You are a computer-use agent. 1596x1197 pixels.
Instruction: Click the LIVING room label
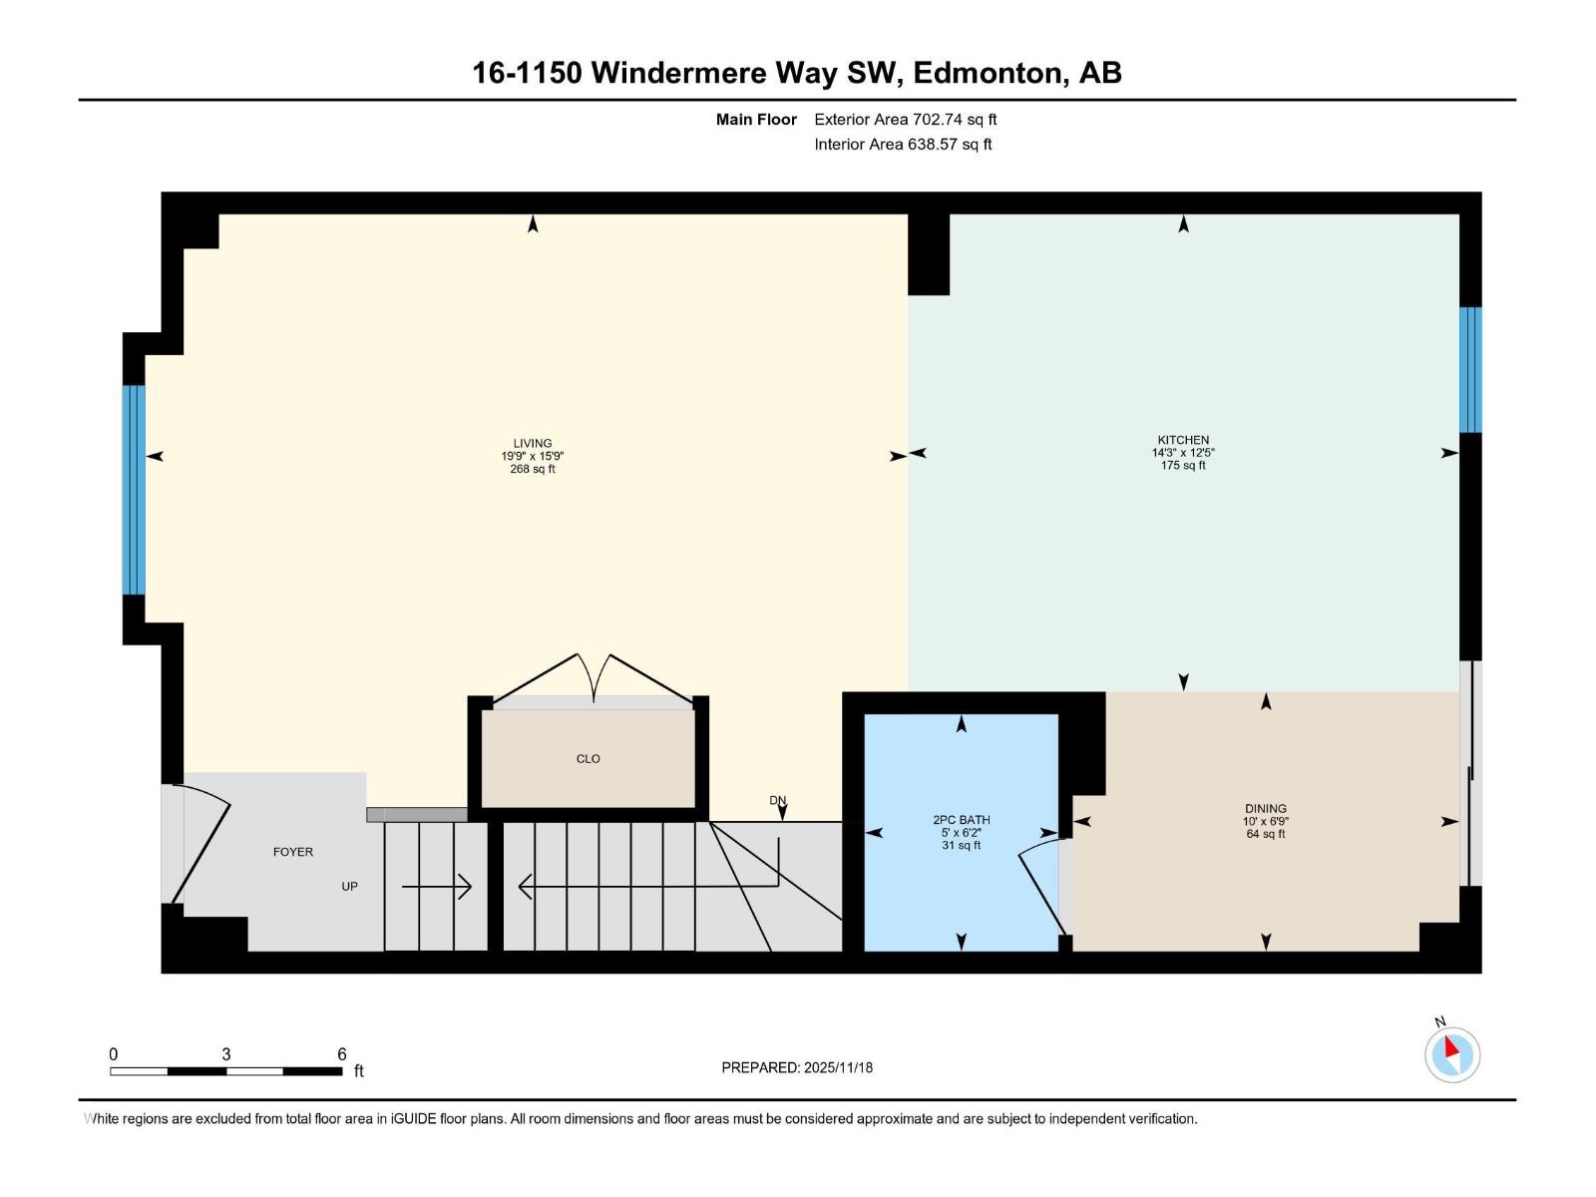click(533, 443)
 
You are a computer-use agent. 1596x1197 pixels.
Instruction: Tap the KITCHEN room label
click(1183, 440)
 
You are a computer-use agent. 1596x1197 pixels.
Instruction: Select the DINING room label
click(1265, 809)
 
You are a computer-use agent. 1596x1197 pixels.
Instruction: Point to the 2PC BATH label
click(961, 820)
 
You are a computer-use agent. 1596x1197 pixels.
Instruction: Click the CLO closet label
click(589, 759)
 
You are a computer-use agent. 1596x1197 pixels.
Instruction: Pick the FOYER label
click(293, 852)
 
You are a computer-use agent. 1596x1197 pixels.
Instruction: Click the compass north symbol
click(1451, 1053)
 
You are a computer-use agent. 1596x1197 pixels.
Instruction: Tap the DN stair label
click(778, 800)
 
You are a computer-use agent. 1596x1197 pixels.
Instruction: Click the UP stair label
click(349, 886)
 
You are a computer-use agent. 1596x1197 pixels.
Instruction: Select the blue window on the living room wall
click(134, 490)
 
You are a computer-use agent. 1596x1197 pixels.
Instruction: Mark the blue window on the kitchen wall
click(1470, 369)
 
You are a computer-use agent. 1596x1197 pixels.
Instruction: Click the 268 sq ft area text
click(533, 469)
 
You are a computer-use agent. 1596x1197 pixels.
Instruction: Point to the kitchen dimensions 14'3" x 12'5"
click(1183, 453)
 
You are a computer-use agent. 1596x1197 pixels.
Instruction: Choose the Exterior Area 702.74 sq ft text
click(905, 120)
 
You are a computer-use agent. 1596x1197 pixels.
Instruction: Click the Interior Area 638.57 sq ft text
click(903, 144)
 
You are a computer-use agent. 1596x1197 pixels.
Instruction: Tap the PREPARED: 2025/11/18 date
click(797, 1067)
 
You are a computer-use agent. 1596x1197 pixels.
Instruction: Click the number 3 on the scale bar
click(226, 1054)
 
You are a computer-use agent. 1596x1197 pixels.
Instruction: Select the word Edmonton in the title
click(989, 73)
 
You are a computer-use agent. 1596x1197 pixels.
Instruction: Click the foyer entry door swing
click(204, 843)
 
